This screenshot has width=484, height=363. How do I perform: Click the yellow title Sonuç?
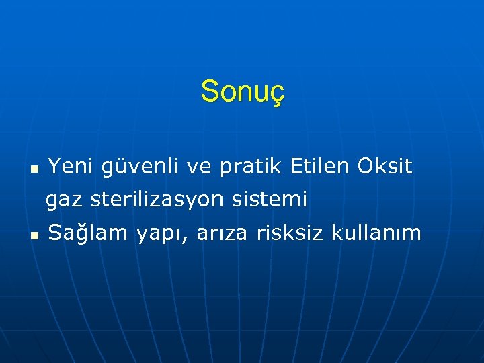click(x=243, y=91)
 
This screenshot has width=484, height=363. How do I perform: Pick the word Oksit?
click(x=385, y=166)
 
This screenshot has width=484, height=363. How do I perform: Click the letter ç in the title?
click(x=278, y=93)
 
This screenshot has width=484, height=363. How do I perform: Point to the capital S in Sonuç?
click(x=209, y=91)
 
